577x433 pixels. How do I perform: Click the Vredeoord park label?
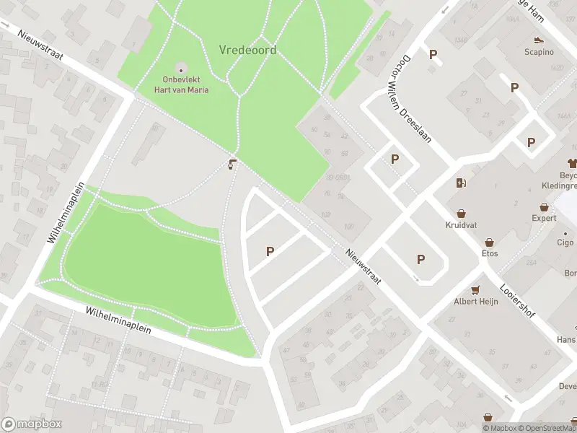[x=247, y=50]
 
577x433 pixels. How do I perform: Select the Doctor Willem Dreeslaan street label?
[x=416, y=100]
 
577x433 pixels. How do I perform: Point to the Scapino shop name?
[x=538, y=52]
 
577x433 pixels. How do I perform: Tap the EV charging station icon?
[x=460, y=183]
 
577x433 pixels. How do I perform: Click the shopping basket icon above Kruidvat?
[x=461, y=213]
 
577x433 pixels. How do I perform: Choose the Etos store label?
[x=490, y=253]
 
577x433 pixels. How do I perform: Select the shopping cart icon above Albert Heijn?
[x=475, y=290]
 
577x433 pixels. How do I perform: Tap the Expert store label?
[x=545, y=218]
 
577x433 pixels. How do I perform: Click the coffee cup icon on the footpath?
[x=232, y=165]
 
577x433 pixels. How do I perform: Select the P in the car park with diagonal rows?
[x=270, y=251]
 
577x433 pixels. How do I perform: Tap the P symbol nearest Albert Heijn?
[x=420, y=259]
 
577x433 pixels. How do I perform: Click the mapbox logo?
[x=32, y=424]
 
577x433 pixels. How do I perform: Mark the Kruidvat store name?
[x=461, y=224]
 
